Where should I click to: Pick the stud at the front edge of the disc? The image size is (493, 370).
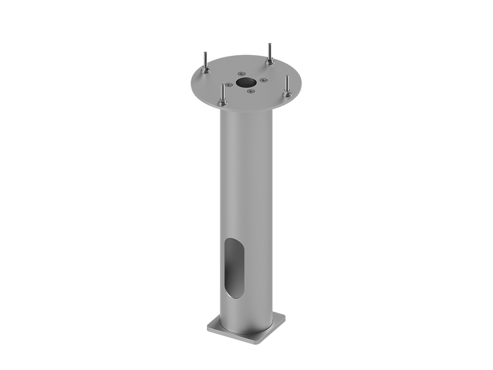[222, 93]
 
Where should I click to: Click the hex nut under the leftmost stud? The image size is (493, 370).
[206, 71]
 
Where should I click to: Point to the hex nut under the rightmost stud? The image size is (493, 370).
[287, 93]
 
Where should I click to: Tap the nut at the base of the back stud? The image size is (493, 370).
[270, 62]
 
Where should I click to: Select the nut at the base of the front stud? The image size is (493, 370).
[223, 103]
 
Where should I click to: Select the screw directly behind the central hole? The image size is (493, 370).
[241, 74]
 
